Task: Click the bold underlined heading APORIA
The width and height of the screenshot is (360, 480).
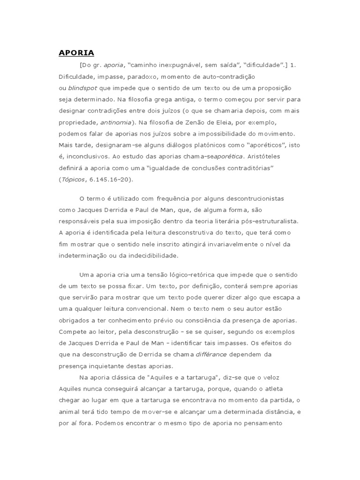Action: tap(76, 52)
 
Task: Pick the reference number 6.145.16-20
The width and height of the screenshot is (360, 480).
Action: tap(115, 179)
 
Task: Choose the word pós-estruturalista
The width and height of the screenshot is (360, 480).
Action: tap(252, 221)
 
